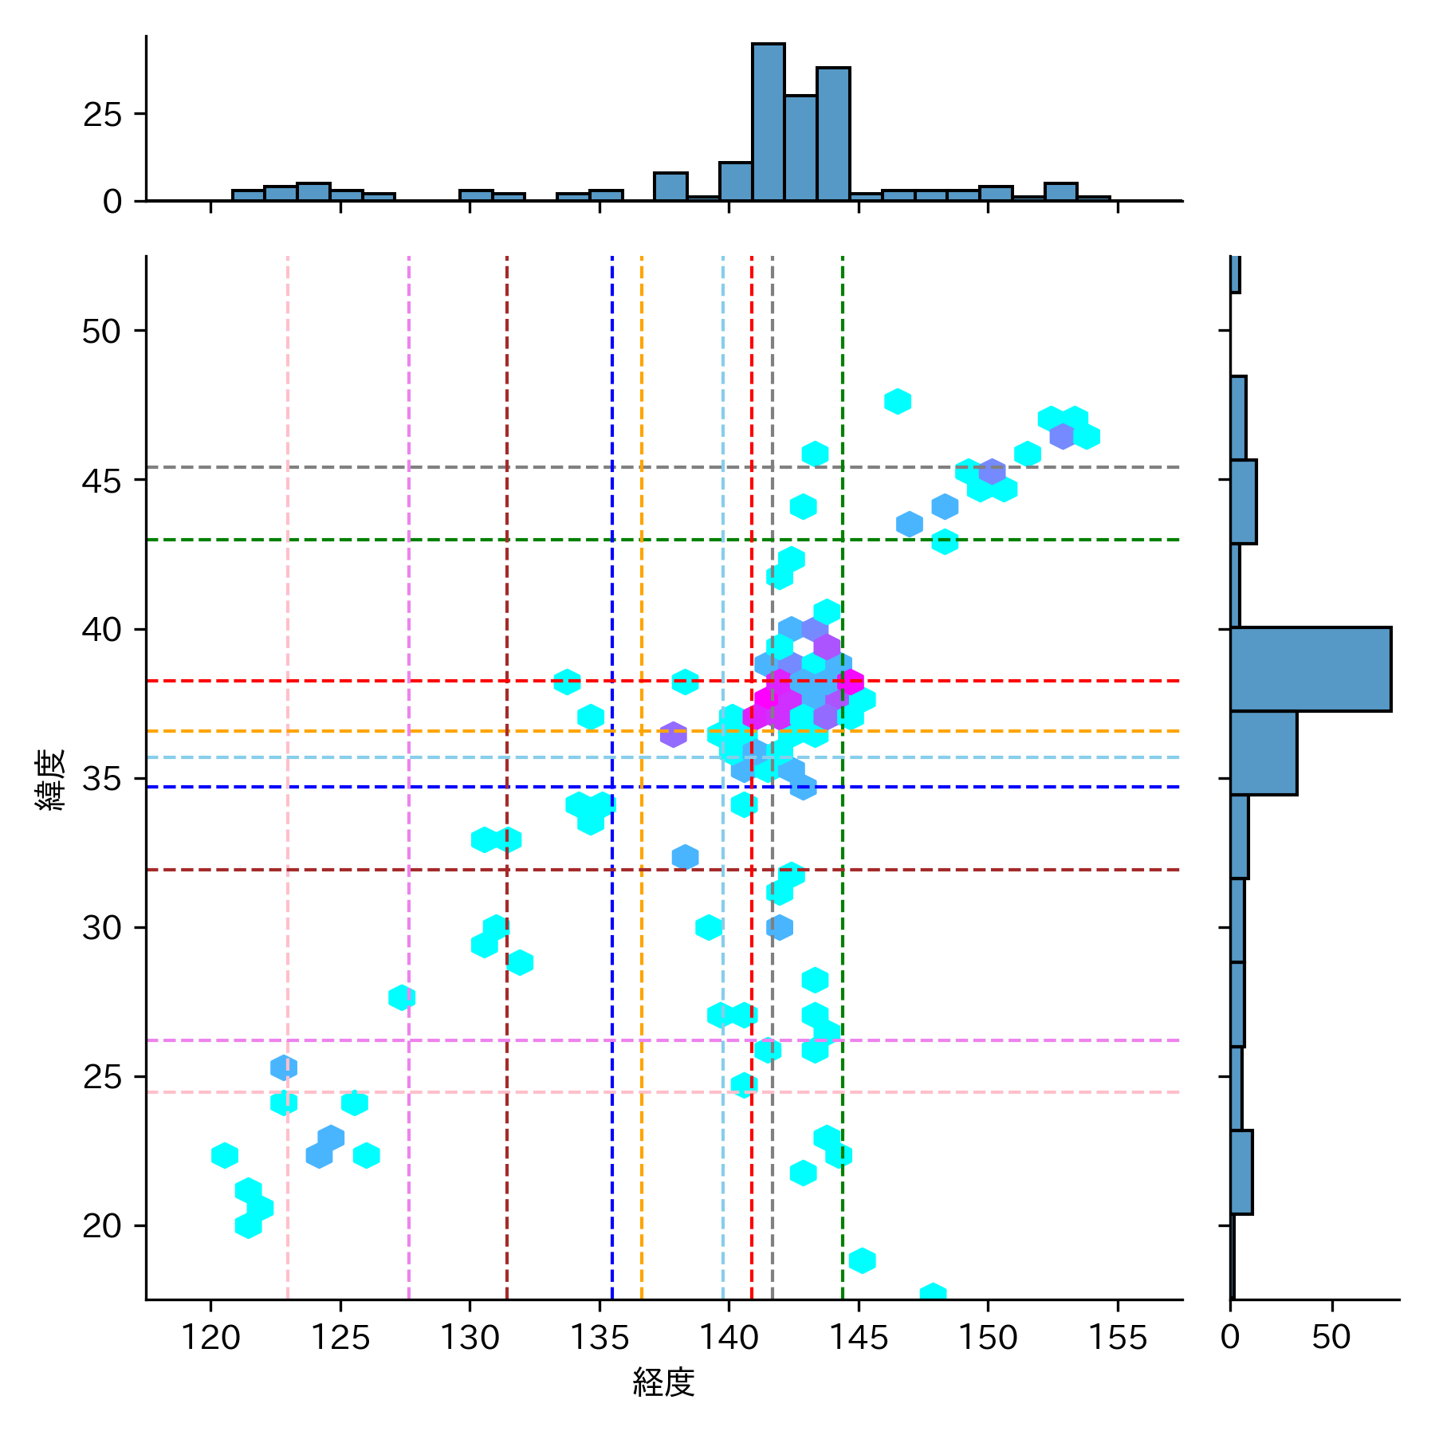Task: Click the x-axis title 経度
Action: pyautogui.click(x=663, y=1382)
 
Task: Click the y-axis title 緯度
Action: pyautogui.click(x=50, y=780)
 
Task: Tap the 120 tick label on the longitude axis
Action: pyautogui.click(x=210, y=1337)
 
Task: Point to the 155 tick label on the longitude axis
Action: pyautogui.click(x=1117, y=1337)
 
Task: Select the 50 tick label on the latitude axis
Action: pyautogui.click(x=101, y=331)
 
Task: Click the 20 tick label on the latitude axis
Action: pyautogui.click(x=101, y=1226)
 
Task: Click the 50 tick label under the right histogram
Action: pyautogui.click(x=1331, y=1337)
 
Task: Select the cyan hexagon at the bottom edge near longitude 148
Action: pyautogui.click(x=933, y=1293)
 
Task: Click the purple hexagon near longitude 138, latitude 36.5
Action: pyautogui.click(x=673, y=734)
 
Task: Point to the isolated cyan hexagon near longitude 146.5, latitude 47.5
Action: pyautogui.click(x=898, y=402)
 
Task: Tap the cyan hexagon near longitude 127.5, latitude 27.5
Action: pyautogui.click(x=402, y=997)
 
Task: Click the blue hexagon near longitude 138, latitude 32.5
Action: pyautogui.click(x=685, y=857)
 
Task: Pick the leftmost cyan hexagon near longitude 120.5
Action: pyautogui.click(x=225, y=1155)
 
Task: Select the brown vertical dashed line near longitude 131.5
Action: pyautogui.click(x=507, y=558)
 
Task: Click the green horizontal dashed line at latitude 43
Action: pyautogui.click(x=478, y=540)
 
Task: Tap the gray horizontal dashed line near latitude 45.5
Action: pyautogui.click(x=478, y=467)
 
